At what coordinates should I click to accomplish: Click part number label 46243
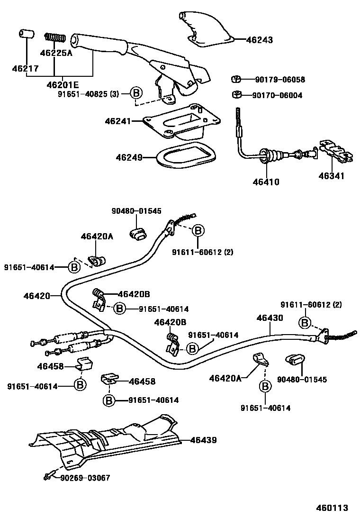259,40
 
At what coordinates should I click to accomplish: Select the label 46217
25,69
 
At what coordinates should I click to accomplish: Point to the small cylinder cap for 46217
27,35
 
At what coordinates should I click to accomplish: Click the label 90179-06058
280,80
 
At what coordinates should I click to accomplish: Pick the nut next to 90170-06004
236,95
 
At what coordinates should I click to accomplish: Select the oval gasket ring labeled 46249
185,156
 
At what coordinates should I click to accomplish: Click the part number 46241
117,121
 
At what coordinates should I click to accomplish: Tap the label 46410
266,182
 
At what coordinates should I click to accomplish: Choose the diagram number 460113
332,508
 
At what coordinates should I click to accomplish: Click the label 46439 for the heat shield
203,440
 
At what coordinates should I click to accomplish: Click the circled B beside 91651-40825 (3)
136,93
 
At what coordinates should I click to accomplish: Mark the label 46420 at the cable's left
36,296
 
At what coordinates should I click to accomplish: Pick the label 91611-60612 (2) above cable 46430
311,304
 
